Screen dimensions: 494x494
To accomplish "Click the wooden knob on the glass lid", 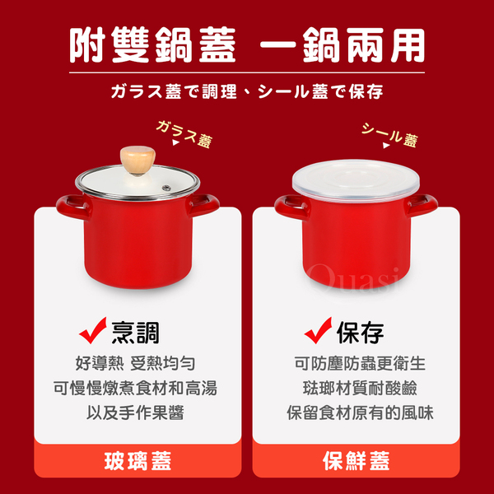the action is pos(137,160).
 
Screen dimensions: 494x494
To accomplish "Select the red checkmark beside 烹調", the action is pos(93,330).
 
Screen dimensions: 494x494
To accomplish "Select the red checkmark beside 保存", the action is pos(318,330).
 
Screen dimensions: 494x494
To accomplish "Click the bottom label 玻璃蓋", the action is pos(137,460).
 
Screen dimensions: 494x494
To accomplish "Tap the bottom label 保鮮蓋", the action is pos(356,460).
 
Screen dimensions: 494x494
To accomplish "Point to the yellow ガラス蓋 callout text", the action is pos(184,134).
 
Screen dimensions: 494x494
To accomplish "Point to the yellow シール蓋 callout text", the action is pos(389,135).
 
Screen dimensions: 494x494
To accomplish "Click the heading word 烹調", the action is pos(136,333).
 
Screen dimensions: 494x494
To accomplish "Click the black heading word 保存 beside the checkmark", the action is pos(360,333).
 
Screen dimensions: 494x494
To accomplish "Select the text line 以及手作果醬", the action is pos(136,412).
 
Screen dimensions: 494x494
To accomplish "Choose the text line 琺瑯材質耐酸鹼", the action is pos(360,388).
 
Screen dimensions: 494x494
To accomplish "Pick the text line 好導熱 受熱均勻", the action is pos(136,363).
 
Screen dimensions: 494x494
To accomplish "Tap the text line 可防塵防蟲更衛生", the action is pos(360,363).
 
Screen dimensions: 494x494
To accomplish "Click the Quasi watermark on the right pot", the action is pos(354,277).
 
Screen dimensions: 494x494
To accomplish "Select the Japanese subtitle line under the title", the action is pos(247,91).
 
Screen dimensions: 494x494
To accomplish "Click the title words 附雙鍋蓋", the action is pos(152,44).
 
